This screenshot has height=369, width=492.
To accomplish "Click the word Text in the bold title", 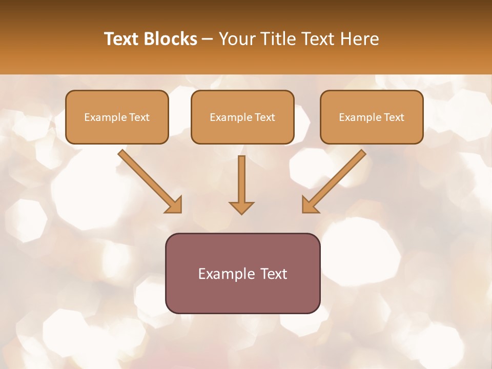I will click(121, 39).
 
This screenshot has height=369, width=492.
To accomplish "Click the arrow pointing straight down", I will click(241, 179).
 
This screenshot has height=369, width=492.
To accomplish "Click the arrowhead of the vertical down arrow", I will click(241, 208).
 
